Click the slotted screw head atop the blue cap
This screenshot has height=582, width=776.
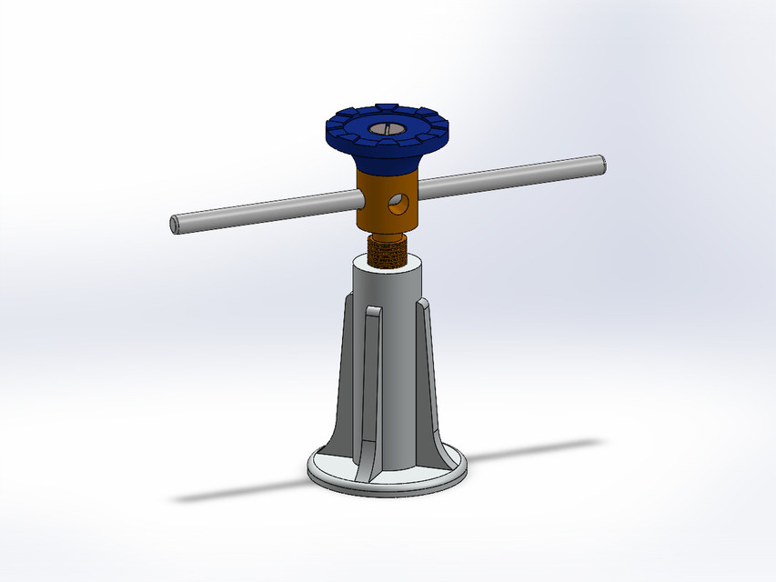pyautogui.click(x=386, y=129)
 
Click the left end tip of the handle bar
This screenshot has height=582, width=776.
pyautogui.click(x=174, y=224)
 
